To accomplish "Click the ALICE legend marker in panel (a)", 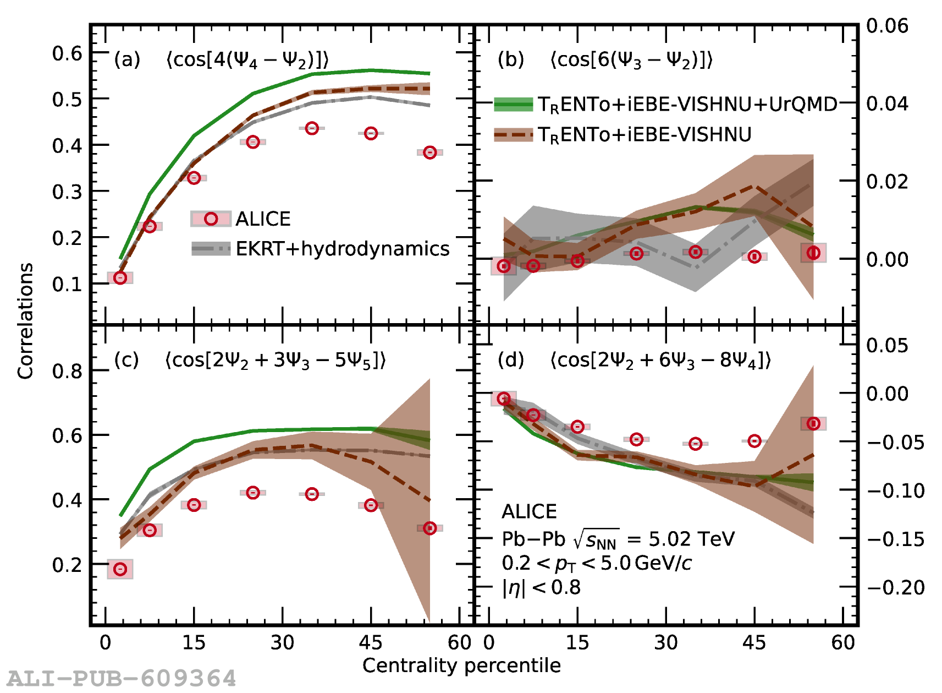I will [x=211, y=219].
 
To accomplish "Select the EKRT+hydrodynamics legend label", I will [x=342, y=249].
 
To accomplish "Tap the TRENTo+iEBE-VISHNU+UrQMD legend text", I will [x=687, y=105].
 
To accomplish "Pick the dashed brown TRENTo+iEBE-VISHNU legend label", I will [x=644, y=135].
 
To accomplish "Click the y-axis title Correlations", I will [x=25, y=321].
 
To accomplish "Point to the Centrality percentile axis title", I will [x=461, y=666].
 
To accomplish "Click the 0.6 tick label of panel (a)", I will [x=67, y=54].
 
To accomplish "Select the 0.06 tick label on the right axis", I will [x=887, y=26].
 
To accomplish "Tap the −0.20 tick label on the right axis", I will [x=896, y=588].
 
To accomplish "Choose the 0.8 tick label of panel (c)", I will [x=67, y=372].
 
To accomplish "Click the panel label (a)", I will [x=127, y=59].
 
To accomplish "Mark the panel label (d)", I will [x=510, y=361].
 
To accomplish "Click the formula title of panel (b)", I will [x=631, y=60].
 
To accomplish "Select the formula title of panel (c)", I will [x=275, y=361].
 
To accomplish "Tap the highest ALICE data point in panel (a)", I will [x=312, y=128].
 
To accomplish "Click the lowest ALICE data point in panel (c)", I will [x=120, y=569].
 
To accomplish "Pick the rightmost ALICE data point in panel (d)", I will [x=813, y=423].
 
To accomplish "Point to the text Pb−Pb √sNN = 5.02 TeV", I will [x=618, y=539].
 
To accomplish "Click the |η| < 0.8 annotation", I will [x=541, y=588].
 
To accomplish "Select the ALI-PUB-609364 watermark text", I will [x=122, y=678].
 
